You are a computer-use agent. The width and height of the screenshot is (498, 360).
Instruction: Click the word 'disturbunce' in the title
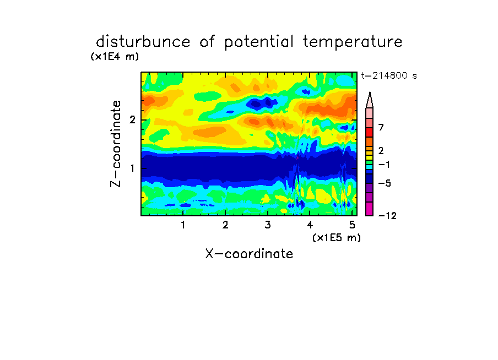tap(143, 42)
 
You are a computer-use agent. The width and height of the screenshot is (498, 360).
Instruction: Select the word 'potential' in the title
tap(259, 42)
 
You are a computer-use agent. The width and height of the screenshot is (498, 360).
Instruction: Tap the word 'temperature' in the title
tap(353, 42)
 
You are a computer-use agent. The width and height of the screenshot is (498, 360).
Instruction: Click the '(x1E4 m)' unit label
tap(115, 57)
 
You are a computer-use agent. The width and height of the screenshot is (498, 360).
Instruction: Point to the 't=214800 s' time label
tap(389, 76)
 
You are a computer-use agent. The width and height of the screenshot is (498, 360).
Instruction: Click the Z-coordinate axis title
tap(116, 144)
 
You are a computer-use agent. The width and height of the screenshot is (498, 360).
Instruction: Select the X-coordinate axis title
tap(250, 254)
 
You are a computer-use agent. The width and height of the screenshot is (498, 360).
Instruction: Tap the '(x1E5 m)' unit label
tap(337, 238)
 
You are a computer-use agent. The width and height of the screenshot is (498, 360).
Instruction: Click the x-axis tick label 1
tap(183, 225)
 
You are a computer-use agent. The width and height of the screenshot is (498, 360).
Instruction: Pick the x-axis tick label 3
tap(268, 225)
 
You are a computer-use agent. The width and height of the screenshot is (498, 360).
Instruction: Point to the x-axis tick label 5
tap(352, 225)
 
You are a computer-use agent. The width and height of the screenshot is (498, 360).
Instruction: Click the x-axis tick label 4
tap(310, 225)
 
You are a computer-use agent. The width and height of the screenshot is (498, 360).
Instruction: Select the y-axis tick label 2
tap(132, 120)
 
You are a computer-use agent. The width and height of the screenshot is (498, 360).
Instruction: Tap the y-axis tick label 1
tap(132, 168)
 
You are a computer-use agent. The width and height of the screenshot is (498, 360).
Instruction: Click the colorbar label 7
tap(381, 128)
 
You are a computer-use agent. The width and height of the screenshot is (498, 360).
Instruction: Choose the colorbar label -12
tap(387, 216)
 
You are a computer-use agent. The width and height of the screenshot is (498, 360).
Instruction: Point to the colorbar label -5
tap(385, 183)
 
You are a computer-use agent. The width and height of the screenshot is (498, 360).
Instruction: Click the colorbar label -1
tap(384, 165)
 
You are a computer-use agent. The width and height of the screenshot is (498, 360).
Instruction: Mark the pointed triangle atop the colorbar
tap(370, 100)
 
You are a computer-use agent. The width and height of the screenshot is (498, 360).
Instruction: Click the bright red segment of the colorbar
tap(370, 132)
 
